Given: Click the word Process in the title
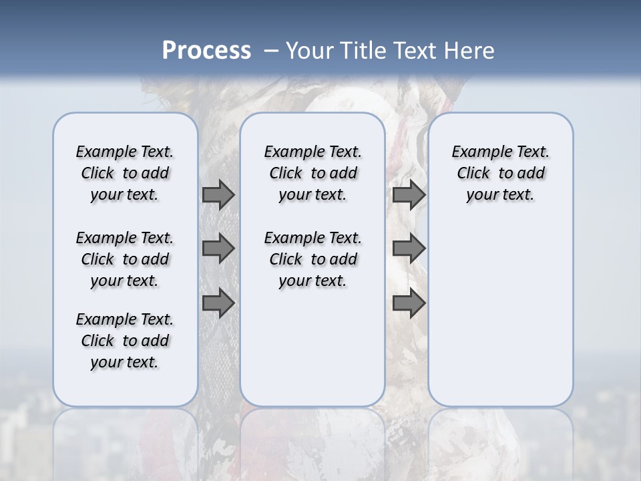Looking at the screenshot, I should pyautogui.click(x=206, y=51).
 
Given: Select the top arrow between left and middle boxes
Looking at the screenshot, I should pyautogui.click(x=218, y=194).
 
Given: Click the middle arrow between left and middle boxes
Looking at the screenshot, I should pyautogui.click(x=218, y=249).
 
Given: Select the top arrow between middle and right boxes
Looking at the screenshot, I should pyautogui.click(x=409, y=194).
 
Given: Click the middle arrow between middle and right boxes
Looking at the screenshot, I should pyautogui.click(x=409, y=249).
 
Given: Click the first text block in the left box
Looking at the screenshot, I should pyautogui.click(x=125, y=173).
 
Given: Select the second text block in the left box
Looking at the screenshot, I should pyautogui.click(x=125, y=259).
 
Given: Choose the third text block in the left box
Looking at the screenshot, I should pyautogui.click(x=125, y=341).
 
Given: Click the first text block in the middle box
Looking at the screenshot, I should pyautogui.click(x=312, y=173).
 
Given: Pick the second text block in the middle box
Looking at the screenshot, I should pyautogui.click(x=312, y=259).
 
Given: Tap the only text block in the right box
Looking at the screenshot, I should pyautogui.click(x=500, y=173).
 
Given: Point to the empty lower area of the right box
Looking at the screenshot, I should pyautogui.click(x=500, y=314).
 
